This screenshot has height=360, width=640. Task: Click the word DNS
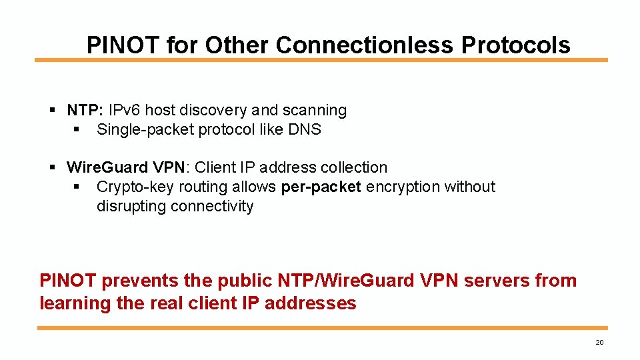click(x=305, y=129)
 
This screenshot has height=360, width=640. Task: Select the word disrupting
click(x=131, y=206)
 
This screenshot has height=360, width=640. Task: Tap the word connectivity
click(x=212, y=206)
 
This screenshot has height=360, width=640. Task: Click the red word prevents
click(x=139, y=281)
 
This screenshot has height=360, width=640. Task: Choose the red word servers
click(x=497, y=281)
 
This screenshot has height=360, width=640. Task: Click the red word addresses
click(x=311, y=303)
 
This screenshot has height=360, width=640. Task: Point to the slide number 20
click(x=599, y=343)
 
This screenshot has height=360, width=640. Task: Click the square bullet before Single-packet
click(x=77, y=129)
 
